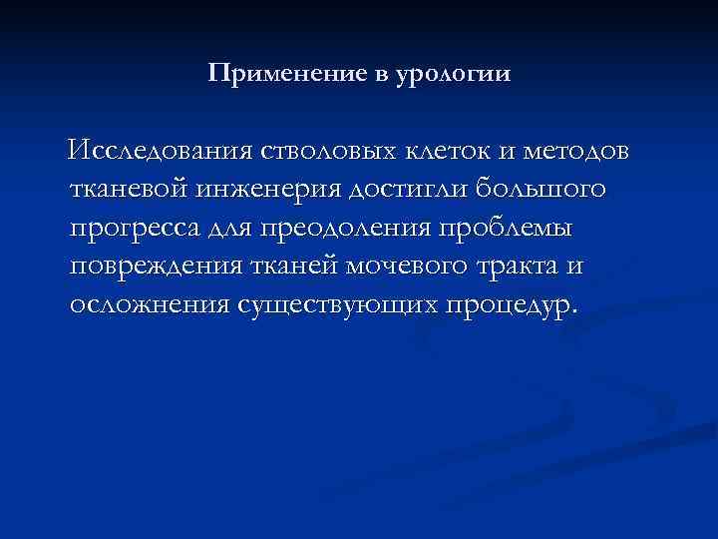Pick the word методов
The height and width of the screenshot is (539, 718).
pyautogui.click(x=575, y=152)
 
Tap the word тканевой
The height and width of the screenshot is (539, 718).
pyautogui.click(x=129, y=190)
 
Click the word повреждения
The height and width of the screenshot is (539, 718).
pyautogui.click(x=151, y=266)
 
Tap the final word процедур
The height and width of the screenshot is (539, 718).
pyautogui.click(x=508, y=304)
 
